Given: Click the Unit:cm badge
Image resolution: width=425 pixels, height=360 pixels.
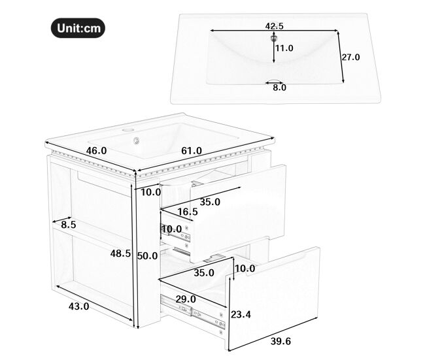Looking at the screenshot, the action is click(x=78, y=28).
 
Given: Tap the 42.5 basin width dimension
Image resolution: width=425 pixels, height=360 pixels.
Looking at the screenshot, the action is click(x=274, y=26).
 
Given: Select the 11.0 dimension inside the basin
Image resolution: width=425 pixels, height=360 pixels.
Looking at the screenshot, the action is click(x=284, y=48).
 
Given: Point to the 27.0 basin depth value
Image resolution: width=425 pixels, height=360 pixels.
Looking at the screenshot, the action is click(x=350, y=57).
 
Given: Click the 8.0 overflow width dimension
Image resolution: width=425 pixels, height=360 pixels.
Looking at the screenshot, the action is click(x=279, y=88).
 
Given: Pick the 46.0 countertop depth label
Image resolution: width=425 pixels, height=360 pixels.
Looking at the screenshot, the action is click(x=97, y=151).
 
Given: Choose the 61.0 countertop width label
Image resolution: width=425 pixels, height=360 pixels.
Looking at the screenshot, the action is click(x=192, y=151).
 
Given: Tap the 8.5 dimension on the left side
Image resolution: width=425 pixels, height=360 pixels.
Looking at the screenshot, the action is click(x=69, y=225).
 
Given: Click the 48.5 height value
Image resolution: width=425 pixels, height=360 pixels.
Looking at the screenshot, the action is click(x=120, y=254).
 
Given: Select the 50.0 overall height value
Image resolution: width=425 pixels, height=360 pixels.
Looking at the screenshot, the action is click(x=148, y=255).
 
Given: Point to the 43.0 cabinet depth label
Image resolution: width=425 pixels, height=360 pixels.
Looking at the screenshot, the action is click(x=79, y=306).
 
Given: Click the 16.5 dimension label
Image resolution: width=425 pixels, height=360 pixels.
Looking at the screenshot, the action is click(x=188, y=212).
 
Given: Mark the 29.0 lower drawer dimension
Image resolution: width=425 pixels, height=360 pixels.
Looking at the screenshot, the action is click(x=186, y=299).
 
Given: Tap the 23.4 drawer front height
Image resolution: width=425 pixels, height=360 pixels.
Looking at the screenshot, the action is click(x=241, y=314).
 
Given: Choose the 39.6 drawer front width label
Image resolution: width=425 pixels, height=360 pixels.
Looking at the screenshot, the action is click(x=280, y=341).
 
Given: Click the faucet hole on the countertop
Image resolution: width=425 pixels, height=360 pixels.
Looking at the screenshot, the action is click(x=128, y=130).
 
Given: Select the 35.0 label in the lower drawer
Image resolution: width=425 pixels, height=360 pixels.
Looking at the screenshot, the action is click(x=204, y=272).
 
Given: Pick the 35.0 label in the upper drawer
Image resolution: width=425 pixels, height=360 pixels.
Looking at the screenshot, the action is click(x=210, y=202).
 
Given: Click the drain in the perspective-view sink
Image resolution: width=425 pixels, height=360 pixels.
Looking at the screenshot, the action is click(x=136, y=140).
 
